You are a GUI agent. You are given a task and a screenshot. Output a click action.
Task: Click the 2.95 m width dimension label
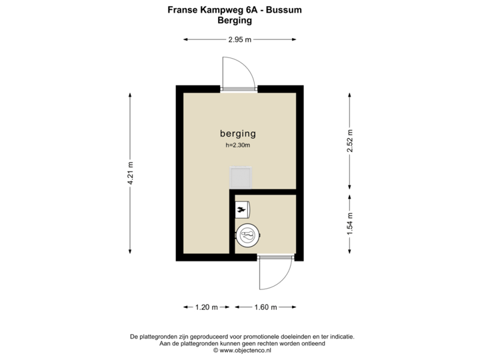(x=239, y=40)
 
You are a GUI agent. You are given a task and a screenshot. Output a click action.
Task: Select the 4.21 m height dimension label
(x=131, y=173)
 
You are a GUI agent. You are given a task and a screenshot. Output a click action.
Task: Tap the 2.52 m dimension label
(x=349, y=140)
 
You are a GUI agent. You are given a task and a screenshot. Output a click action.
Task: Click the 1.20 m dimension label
(x=205, y=307)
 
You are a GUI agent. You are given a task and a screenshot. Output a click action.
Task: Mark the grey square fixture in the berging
(x=240, y=178)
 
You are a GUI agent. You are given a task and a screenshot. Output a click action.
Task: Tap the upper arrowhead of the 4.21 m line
(x=131, y=94)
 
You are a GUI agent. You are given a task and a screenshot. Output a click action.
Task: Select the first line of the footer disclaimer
(x=241, y=337)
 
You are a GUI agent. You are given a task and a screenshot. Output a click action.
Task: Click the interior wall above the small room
(x=263, y=192)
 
